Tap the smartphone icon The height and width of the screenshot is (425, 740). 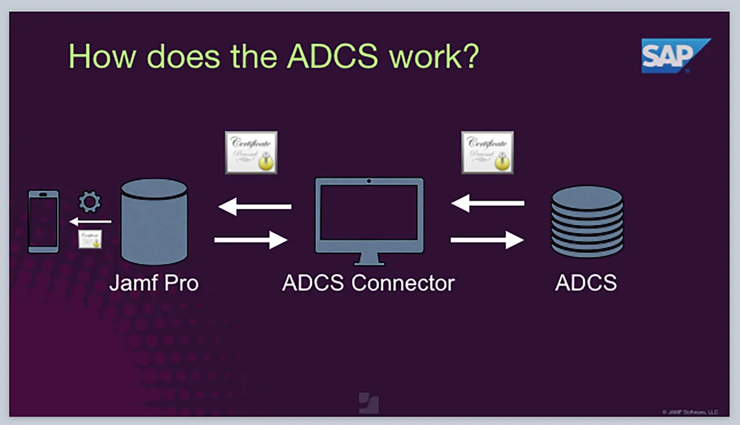tap(44, 221)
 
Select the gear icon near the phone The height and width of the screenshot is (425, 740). tap(91, 202)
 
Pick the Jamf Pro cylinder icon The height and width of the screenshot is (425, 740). tap(154, 222)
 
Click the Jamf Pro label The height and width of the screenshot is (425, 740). tap(154, 283)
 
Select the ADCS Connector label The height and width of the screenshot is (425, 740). tap(368, 283)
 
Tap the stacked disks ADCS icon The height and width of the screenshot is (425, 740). tap(586, 221)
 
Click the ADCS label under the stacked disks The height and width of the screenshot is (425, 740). tap(586, 283)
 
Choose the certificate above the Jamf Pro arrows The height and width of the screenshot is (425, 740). tap(251, 152)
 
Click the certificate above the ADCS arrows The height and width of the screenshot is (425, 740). tap(487, 152)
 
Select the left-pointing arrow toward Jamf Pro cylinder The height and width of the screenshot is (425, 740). tap(255, 207)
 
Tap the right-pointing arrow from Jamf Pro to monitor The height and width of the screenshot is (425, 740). tap(251, 239)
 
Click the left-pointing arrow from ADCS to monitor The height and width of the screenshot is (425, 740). tap(487, 202)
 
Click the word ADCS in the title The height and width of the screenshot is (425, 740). tap(332, 56)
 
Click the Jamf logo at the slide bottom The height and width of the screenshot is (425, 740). tap(369, 403)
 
